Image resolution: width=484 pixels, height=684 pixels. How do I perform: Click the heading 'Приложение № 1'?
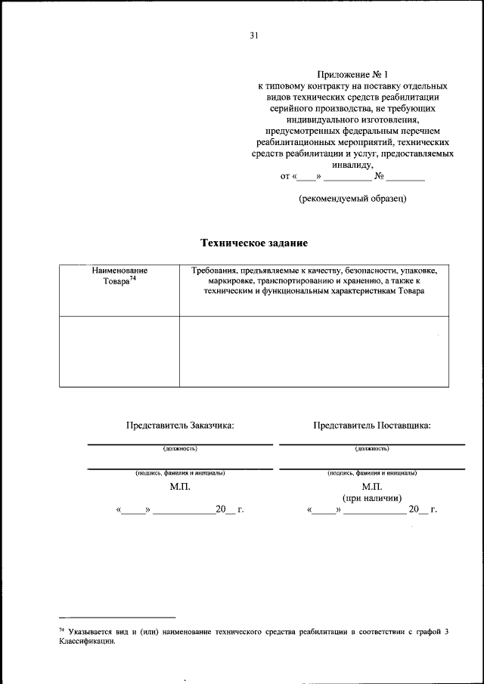click(352, 76)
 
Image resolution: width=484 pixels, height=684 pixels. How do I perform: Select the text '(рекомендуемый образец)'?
click(352, 199)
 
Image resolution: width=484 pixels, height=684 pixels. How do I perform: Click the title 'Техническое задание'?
click(254, 243)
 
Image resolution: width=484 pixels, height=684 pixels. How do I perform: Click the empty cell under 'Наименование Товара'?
click(119, 351)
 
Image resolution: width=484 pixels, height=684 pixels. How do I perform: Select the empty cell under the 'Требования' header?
click(315, 351)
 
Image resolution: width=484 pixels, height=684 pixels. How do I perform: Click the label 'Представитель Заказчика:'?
click(180, 426)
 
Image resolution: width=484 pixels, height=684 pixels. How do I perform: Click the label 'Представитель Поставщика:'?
click(372, 426)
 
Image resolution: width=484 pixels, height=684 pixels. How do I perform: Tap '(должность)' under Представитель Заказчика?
click(180, 448)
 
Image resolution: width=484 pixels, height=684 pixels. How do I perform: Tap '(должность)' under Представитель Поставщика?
click(372, 448)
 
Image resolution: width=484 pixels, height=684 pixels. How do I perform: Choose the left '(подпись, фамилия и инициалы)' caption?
click(180, 473)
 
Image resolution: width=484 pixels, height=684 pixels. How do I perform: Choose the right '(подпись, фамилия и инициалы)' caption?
click(372, 473)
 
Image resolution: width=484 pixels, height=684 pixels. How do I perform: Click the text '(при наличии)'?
click(372, 498)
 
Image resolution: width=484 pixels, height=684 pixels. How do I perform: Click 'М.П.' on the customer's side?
click(180, 487)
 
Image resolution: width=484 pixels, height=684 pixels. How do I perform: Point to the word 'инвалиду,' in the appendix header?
click(352, 164)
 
